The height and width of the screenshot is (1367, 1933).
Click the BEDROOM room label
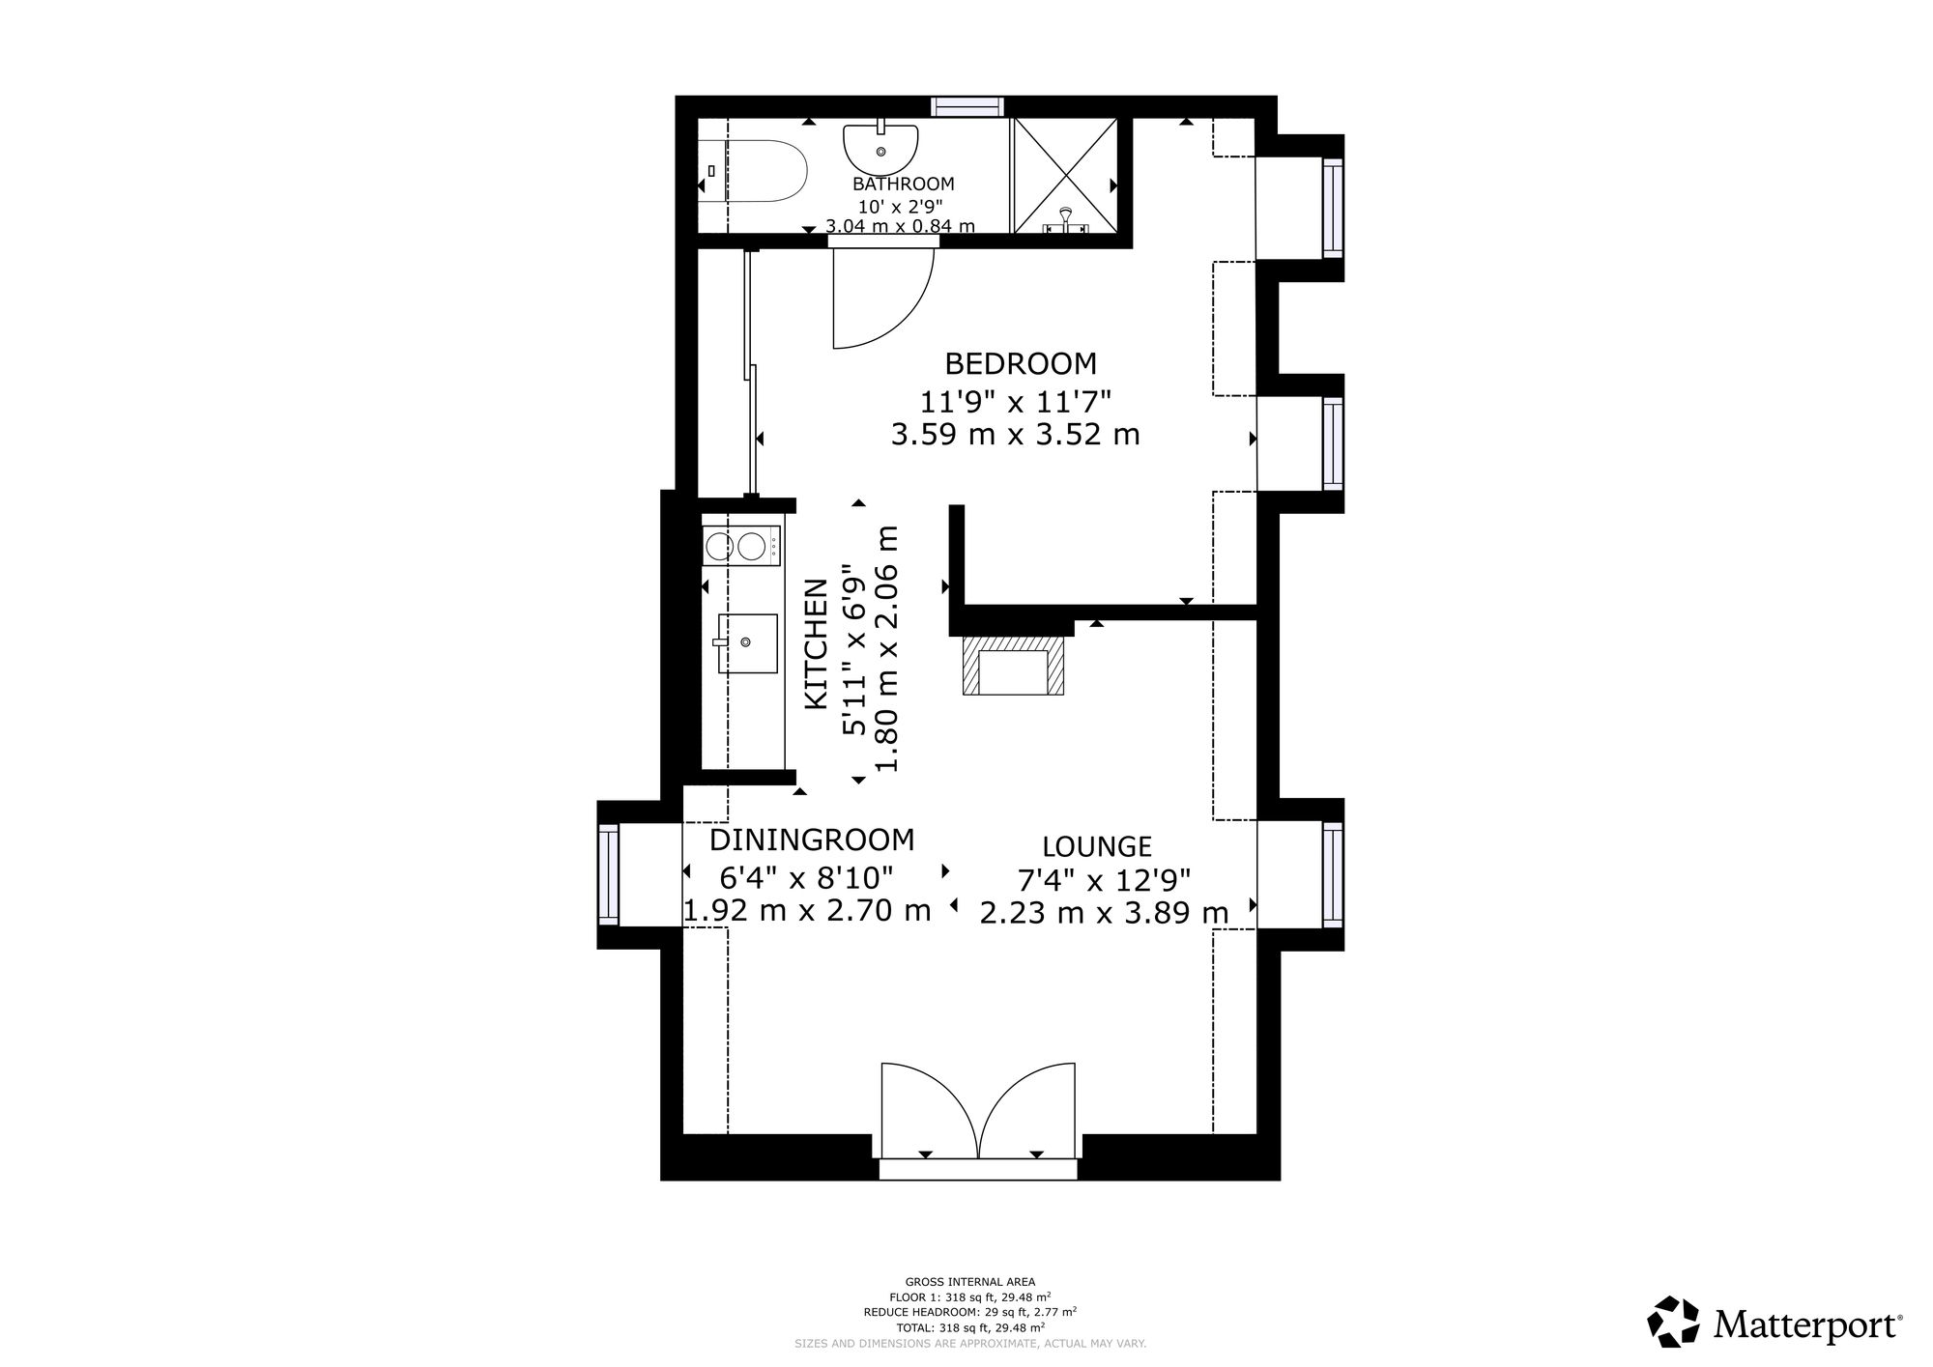1021,364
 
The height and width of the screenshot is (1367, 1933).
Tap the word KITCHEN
817,644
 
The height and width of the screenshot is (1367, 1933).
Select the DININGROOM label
812,840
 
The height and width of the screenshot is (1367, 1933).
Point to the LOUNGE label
1097,847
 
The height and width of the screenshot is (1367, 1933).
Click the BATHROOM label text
903,184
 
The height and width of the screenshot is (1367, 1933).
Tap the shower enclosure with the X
1064,176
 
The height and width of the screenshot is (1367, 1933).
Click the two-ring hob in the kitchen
741,546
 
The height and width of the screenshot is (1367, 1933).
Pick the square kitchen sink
747,642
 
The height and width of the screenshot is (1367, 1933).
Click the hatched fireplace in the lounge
1014,665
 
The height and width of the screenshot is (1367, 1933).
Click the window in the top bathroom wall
967,106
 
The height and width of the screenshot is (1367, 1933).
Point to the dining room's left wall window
608,873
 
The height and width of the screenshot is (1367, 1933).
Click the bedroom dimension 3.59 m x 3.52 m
1015,435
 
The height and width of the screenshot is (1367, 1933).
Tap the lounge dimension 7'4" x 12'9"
1104,880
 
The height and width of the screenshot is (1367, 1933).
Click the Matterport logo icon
1673,1321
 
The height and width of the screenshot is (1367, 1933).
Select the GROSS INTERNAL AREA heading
969,1282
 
